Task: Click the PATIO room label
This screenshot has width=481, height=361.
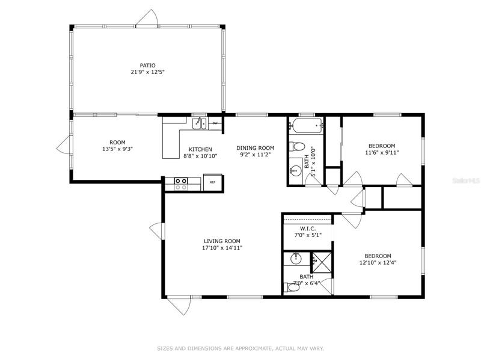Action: pos(147,66)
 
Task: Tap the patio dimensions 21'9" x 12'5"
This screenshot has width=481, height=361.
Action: pos(147,72)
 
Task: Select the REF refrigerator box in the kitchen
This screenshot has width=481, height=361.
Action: pos(212,182)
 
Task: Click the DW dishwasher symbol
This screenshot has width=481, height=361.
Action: pos(215,123)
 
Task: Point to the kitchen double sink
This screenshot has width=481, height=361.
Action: pos(200,123)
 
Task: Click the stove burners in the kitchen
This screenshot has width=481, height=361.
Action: pos(181,184)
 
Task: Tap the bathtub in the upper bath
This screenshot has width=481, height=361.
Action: pos(307,126)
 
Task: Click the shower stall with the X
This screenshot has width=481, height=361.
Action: pos(322,262)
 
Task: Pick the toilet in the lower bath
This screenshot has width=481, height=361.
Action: pos(293,288)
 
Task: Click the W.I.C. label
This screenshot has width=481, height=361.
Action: pos(308,229)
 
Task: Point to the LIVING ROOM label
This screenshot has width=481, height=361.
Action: pos(222,241)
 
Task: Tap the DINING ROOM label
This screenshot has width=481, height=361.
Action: pos(255,148)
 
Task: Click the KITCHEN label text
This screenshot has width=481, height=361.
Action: pos(200,149)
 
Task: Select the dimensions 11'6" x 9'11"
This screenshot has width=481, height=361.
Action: pos(382,152)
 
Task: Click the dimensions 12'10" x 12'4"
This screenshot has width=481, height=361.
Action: pos(378,262)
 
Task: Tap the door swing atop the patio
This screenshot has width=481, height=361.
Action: pos(147,17)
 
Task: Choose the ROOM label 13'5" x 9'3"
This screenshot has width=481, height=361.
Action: pos(117,146)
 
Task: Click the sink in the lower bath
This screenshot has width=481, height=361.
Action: pos(296,259)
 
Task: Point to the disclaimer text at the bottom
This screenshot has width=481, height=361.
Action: pos(240,348)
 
